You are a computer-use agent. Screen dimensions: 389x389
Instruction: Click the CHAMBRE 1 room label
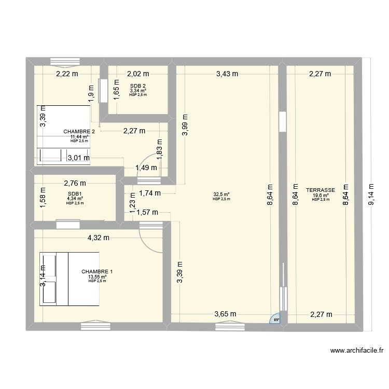click(97, 272)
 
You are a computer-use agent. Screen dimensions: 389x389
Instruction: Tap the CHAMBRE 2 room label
click(79, 132)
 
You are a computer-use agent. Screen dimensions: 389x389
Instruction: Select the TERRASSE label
click(321, 190)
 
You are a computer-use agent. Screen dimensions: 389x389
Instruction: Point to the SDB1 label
click(75, 194)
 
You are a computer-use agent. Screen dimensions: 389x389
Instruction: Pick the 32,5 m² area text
click(221, 195)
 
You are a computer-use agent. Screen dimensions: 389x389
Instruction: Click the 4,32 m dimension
click(98, 238)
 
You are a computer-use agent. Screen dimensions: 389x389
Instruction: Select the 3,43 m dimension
click(227, 74)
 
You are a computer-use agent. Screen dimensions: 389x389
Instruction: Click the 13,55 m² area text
click(97, 277)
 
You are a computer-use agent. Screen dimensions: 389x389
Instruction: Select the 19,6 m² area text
click(321, 196)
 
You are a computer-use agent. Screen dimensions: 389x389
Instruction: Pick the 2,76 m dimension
click(75, 183)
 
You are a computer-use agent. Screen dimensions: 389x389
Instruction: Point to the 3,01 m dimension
click(79, 158)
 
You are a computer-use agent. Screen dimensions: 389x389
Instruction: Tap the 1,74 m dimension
click(149, 193)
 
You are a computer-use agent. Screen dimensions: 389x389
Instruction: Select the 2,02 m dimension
click(138, 74)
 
